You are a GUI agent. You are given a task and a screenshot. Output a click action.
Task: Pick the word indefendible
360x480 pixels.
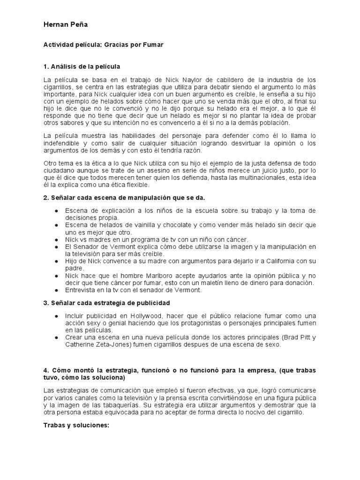(x=64, y=142)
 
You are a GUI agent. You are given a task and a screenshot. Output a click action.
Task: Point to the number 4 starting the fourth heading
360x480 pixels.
(x=45, y=370)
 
